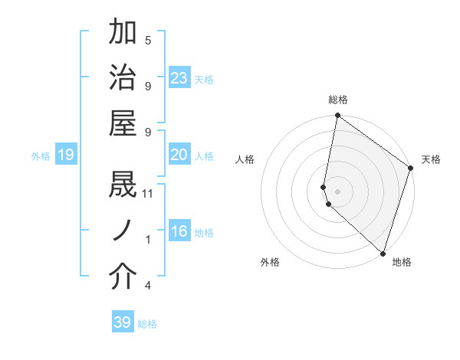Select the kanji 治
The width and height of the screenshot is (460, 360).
point(123,78)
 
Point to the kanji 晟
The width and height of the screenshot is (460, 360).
point(123,185)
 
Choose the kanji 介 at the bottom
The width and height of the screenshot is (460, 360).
point(123,277)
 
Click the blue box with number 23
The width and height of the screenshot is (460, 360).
point(179,78)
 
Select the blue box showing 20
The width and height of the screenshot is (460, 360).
point(179,155)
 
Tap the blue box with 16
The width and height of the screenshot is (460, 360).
point(179,231)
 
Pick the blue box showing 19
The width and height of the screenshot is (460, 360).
point(65,155)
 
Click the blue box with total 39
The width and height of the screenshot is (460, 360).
point(122,322)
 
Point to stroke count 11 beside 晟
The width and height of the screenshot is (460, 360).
point(148,193)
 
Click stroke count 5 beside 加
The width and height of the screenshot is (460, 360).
point(148,40)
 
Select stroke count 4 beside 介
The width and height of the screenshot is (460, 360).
point(148,286)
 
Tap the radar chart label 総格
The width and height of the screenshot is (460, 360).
point(338,100)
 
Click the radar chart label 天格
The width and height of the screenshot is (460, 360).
point(431,159)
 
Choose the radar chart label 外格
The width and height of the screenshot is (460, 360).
point(270,262)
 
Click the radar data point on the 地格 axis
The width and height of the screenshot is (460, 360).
point(382,253)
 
